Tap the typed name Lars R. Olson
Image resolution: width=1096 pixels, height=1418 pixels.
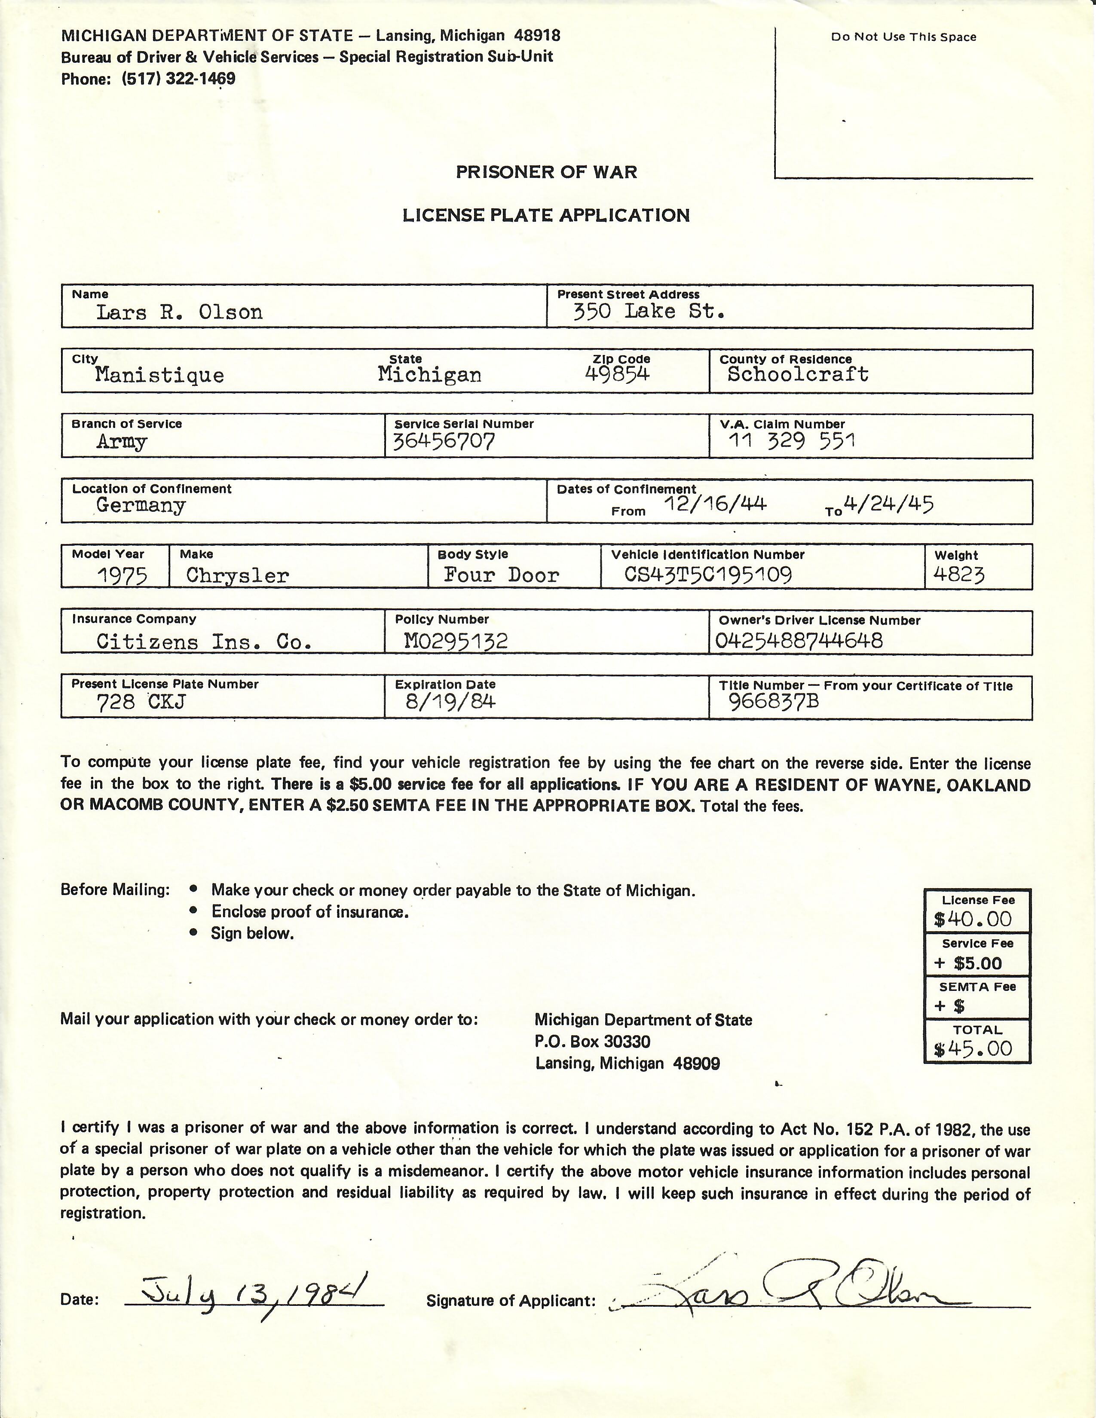(x=179, y=313)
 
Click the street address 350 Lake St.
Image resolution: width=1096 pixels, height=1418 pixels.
(x=648, y=312)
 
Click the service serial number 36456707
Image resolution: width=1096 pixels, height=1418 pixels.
(x=444, y=441)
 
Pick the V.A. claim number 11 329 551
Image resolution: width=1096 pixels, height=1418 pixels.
(x=791, y=441)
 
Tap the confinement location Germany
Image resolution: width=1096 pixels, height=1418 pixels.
(x=141, y=505)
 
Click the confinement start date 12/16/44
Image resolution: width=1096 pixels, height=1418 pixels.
(x=715, y=503)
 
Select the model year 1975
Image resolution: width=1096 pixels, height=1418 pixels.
(x=122, y=575)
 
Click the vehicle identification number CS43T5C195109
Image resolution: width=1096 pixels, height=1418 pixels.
(x=708, y=575)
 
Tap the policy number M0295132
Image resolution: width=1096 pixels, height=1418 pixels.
(x=456, y=642)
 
